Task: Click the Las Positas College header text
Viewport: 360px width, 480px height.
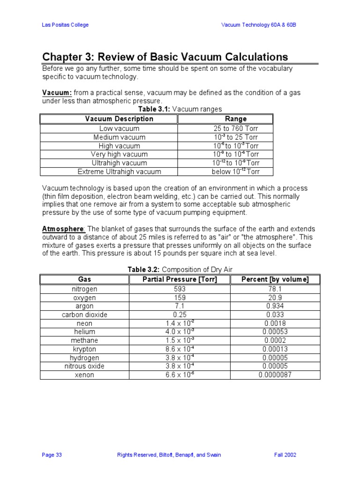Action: click(65, 25)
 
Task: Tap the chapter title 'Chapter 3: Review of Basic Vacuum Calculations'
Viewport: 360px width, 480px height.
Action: click(165, 57)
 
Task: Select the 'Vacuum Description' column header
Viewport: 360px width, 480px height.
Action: click(119, 119)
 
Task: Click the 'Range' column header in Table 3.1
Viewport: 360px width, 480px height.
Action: click(236, 119)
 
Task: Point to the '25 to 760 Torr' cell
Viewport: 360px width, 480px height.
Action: click(236, 128)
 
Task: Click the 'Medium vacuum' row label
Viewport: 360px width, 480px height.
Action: click(119, 137)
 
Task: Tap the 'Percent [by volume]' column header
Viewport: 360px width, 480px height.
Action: click(275, 280)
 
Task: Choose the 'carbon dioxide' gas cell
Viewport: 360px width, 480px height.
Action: click(84, 315)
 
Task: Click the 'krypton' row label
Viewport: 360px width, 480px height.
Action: click(84, 349)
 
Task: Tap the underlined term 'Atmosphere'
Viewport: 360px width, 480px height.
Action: click(63, 229)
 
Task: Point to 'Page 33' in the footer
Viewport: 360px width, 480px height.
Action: click(52, 455)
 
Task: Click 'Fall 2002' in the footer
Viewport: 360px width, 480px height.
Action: click(285, 455)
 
